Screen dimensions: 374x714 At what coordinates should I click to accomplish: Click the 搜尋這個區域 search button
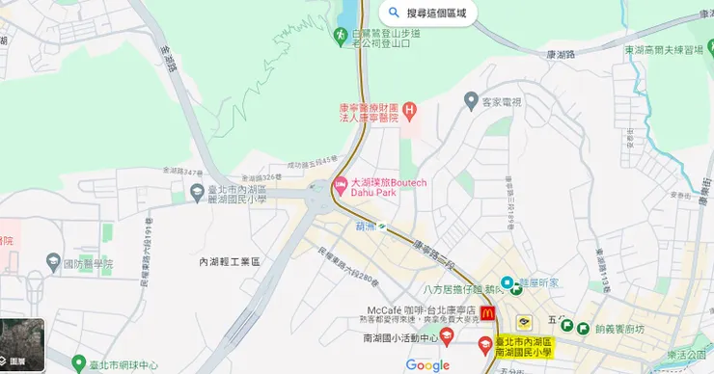(x=428, y=13)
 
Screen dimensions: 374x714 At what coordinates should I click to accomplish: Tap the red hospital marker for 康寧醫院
(x=409, y=111)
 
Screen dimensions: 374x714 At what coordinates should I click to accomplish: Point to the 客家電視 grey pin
(x=471, y=100)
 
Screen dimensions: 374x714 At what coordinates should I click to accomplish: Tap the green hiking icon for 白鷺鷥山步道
(x=340, y=35)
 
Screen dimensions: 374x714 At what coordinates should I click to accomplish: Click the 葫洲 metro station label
(x=364, y=227)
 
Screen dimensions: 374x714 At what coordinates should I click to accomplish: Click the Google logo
(x=427, y=365)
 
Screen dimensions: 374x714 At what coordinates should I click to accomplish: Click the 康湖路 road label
(x=561, y=56)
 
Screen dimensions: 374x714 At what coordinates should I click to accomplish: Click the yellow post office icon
(x=524, y=323)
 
